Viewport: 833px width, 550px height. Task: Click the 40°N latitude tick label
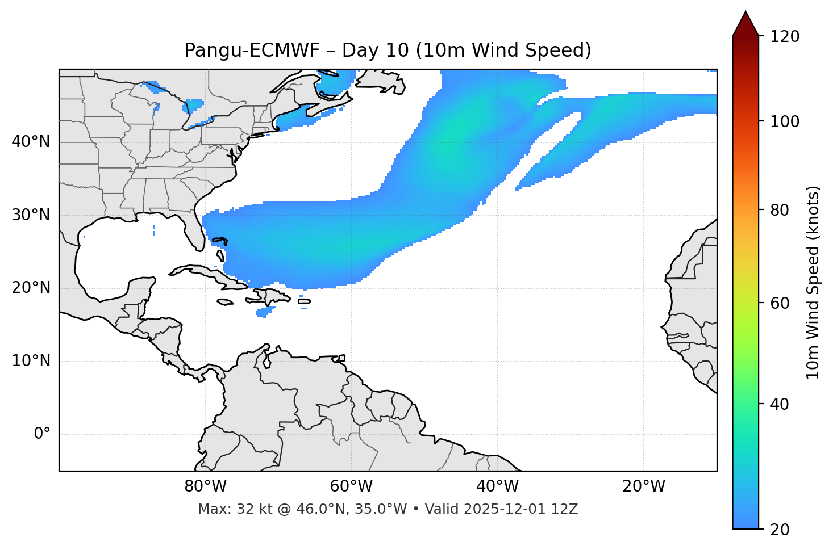(31, 142)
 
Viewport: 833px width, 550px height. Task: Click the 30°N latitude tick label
(31, 215)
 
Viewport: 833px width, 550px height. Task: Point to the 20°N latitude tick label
(31, 288)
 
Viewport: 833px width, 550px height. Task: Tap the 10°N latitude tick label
(31, 361)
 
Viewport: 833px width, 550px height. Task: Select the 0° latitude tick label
(41, 434)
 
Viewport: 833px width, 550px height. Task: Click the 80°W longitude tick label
(205, 486)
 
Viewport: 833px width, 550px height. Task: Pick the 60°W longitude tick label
(351, 486)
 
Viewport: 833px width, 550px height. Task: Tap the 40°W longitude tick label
(497, 486)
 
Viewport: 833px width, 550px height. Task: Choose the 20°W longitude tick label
(644, 486)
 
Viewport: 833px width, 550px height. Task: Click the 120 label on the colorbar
(784, 37)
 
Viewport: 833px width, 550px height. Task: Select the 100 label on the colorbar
(784, 121)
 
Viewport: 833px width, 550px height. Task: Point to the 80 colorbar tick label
(780, 210)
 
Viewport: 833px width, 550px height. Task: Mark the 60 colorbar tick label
(780, 303)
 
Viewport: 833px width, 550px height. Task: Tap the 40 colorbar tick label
(780, 404)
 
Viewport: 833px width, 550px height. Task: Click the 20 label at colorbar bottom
(780, 530)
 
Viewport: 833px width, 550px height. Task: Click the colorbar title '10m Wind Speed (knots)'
(813, 282)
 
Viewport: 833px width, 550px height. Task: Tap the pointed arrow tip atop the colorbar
(745, 14)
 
